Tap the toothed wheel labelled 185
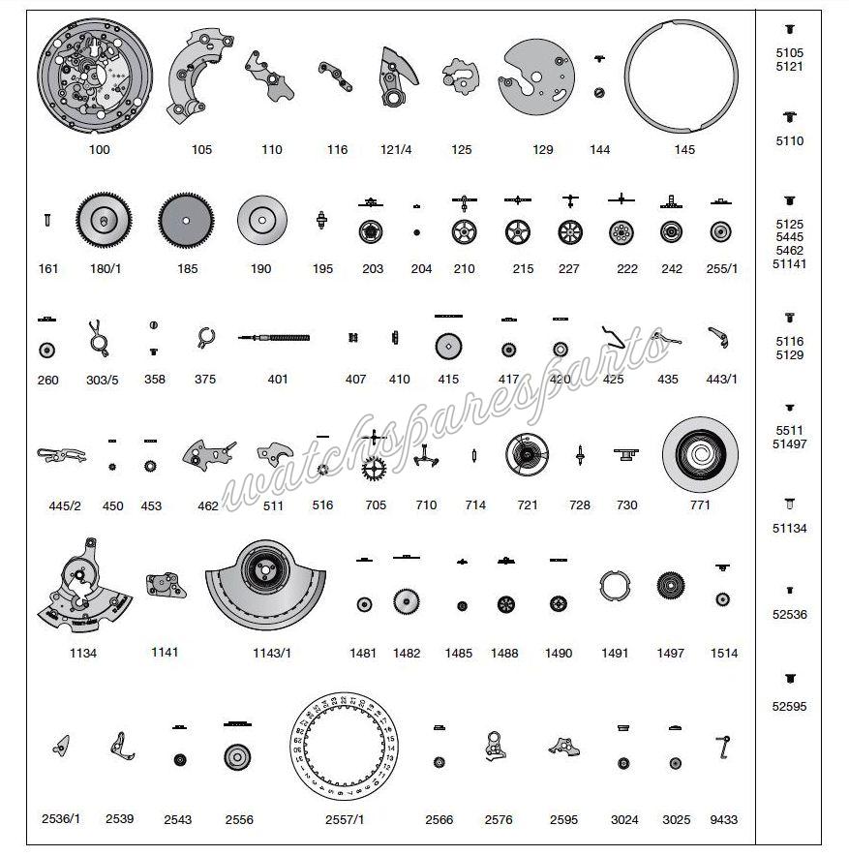[x=186, y=223]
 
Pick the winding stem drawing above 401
[x=275, y=338]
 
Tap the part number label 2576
[x=499, y=820]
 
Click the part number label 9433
[x=723, y=820]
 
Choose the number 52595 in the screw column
[x=789, y=707]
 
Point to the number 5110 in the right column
[x=789, y=141]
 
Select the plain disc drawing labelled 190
[x=261, y=223]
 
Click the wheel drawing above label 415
[x=447, y=347]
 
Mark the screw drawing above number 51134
[x=789, y=504]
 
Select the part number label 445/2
[x=66, y=505]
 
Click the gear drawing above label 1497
[x=670, y=587]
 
